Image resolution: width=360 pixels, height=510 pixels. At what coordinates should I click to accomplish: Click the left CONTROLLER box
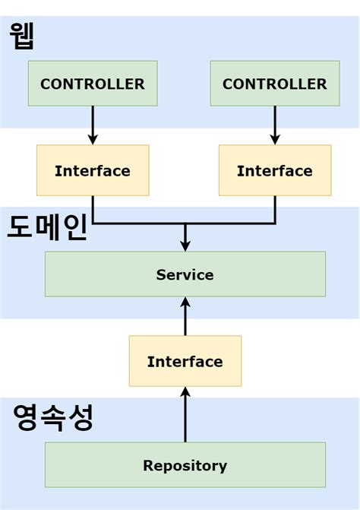coord(92,84)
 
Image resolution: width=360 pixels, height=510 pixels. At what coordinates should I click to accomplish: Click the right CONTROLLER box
coord(274,84)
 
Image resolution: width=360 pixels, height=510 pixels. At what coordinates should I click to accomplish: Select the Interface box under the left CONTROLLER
coord(92,170)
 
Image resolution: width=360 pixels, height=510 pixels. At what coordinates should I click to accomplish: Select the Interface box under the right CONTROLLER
coord(274,170)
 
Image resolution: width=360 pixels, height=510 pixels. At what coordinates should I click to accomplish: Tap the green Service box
coord(185,274)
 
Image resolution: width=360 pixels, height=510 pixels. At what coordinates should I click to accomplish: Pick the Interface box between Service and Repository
coord(185,361)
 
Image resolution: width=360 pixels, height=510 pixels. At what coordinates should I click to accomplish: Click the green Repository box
coord(185,465)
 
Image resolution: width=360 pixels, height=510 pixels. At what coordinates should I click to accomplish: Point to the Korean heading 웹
coord(23,36)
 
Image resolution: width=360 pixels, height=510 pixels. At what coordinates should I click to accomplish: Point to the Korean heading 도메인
coord(47,226)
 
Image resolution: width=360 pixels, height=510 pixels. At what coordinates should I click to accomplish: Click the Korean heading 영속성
coord(53,417)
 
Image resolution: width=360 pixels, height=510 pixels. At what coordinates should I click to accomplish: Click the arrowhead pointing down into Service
coord(185,245)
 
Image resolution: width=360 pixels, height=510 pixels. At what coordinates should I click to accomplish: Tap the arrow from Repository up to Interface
coord(185,414)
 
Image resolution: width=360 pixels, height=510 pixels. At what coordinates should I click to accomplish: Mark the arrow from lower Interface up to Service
coord(185,315)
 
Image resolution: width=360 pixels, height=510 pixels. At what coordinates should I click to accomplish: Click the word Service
coord(185,274)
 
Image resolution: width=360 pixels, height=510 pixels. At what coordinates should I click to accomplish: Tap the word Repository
coord(185,465)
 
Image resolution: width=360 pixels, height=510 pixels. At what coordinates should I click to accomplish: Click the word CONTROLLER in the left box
coord(92,84)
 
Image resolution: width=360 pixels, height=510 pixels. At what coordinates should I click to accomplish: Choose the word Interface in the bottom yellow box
coord(185,361)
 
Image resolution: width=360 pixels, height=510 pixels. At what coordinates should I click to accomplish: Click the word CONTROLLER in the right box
coord(274,84)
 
